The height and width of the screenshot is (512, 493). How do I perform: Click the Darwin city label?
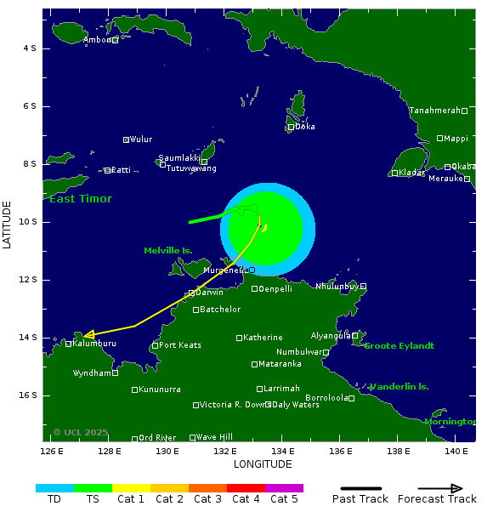(209, 293)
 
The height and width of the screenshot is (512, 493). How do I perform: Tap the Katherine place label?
(262, 338)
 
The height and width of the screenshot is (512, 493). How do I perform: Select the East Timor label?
(81, 199)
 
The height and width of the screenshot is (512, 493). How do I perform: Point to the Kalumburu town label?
(93, 344)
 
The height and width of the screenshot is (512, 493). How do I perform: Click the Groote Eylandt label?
(399, 345)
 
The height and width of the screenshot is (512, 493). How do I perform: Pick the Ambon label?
(97, 40)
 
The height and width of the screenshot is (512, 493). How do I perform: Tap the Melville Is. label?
(167, 250)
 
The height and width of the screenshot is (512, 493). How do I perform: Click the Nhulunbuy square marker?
(363, 287)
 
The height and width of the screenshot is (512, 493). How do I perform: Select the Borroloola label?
(326, 397)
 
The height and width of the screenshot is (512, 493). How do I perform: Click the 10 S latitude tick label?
(28, 222)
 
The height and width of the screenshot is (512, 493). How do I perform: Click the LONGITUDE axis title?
(263, 464)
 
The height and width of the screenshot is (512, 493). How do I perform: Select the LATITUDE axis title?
(8, 225)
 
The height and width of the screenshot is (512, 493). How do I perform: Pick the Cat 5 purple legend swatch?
(284, 488)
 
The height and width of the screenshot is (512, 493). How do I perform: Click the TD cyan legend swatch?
(54, 488)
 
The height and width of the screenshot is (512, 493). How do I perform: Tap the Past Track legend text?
(360, 499)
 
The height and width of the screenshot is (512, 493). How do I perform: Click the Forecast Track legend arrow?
(440, 488)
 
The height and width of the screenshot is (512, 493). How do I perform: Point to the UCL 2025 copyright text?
(81, 432)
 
